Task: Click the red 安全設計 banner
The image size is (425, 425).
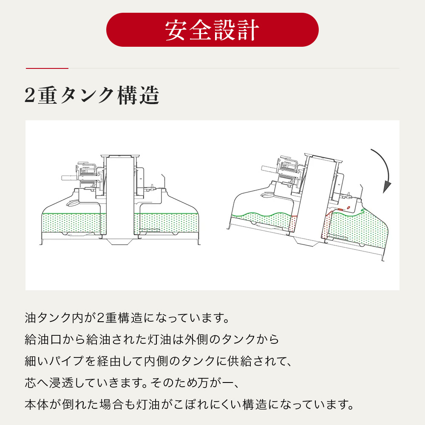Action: [x=212, y=30]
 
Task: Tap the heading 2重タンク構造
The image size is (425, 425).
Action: [x=92, y=95]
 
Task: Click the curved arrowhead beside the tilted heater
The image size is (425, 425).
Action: [x=387, y=187]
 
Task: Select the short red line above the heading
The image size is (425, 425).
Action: [x=47, y=68]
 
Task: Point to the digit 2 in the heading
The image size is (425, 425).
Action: [x=30, y=95]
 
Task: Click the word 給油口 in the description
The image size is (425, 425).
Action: [x=43, y=339]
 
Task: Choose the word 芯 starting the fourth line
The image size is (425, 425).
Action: [x=30, y=383]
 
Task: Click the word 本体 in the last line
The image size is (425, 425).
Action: [x=37, y=405]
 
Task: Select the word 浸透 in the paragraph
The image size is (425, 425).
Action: [x=61, y=383]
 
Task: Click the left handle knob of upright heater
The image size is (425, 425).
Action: [x=69, y=178]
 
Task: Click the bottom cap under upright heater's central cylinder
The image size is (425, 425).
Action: [x=119, y=241]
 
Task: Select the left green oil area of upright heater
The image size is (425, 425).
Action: [x=74, y=223]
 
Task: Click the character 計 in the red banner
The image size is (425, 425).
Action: [x=248, y=30]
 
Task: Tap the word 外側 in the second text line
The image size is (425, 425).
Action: [x=197, y=339]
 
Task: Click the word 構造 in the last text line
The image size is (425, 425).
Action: [x=255, y=405]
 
